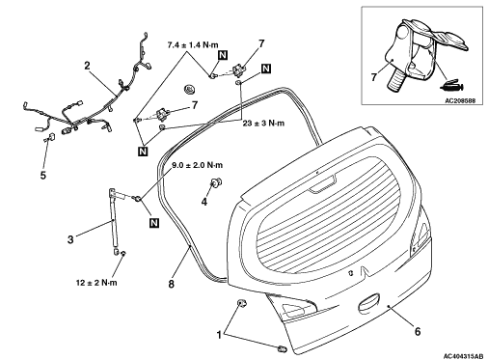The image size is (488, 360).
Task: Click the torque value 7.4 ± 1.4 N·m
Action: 193,45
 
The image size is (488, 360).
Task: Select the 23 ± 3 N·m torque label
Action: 263,124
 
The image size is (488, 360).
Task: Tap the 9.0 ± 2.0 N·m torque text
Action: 197,165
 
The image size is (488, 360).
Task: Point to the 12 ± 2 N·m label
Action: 96,283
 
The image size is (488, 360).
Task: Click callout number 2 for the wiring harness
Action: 87,66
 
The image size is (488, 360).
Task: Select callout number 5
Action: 43,175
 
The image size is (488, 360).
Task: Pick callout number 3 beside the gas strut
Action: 70,239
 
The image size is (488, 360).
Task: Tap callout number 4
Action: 204,202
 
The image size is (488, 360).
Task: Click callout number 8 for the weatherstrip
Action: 172,284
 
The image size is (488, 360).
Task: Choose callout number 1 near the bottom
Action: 219,335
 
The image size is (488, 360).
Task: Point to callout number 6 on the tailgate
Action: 418,331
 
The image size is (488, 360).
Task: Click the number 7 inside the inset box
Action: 373,77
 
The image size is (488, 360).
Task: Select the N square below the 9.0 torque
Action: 154,223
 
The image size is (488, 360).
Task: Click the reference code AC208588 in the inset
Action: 460,101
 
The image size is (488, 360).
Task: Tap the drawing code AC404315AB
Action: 463,356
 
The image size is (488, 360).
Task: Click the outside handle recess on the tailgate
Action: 368,303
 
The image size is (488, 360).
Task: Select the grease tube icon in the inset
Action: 451,85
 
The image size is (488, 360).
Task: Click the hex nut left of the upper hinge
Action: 189,89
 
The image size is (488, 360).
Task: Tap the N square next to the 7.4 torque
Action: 223,55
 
